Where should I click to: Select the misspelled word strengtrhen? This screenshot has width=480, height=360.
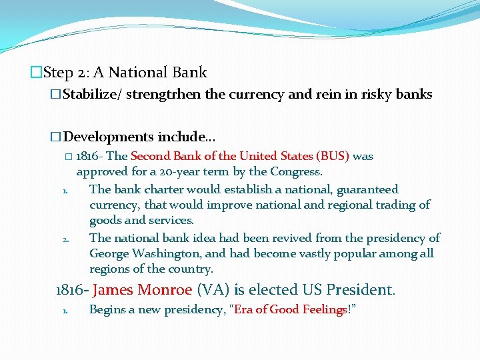coord(163,95)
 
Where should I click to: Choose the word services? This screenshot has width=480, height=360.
coord(171,220)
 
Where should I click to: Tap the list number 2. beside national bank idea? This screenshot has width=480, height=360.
coord(65,239)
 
